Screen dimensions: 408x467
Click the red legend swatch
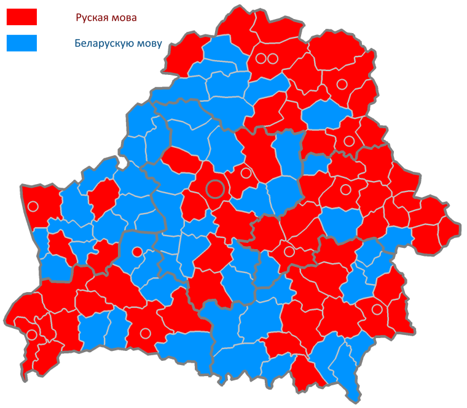[x=22, y=17]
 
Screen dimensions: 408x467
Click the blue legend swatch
[x=22, y=43]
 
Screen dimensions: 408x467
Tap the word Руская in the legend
[x=90, y=18]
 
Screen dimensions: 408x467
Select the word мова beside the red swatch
[x=123, y=18]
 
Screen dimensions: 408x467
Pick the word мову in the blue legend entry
[x=148, y=43]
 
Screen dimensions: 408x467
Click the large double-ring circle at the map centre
[x=215, y=188]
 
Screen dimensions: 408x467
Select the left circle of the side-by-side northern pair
[x=261, y=59]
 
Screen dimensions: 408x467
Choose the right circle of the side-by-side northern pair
[x=273, y=59]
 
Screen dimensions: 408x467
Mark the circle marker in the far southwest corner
[x=31, y=335]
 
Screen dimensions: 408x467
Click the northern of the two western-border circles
[x=33, y=207]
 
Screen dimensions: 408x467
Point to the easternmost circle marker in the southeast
[x=377, y=309]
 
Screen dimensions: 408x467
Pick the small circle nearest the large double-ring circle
[x=246, y=173]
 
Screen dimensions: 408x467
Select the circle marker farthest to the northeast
[x=342, y=84]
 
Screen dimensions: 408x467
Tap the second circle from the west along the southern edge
[x=145, y=333]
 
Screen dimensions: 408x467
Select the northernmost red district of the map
[x=237, y=25]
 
